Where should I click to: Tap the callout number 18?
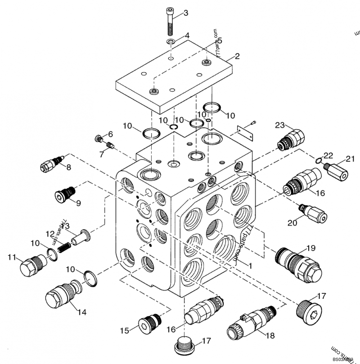click(270, 335)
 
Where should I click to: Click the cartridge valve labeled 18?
click(250, 322)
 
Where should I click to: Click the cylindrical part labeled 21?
click(336, 171)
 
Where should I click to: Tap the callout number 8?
click(68, 167)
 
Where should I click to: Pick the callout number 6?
click(110, 134)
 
